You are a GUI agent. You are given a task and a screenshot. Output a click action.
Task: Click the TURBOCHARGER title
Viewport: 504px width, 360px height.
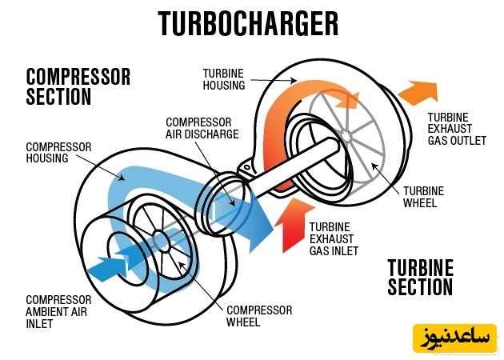coord(248,24)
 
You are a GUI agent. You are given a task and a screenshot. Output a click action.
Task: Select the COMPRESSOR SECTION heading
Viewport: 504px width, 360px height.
coord(78,86)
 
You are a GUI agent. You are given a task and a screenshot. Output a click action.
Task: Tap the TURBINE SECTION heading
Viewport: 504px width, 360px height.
coord(420,277)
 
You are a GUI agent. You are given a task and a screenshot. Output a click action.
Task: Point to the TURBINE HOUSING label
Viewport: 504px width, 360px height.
coord(223,78)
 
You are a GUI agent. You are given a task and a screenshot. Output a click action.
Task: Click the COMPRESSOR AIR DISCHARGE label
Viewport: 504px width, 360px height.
coord(202,128)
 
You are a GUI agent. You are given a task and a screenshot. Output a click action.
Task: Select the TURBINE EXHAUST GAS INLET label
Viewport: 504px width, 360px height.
coord(334,238)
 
